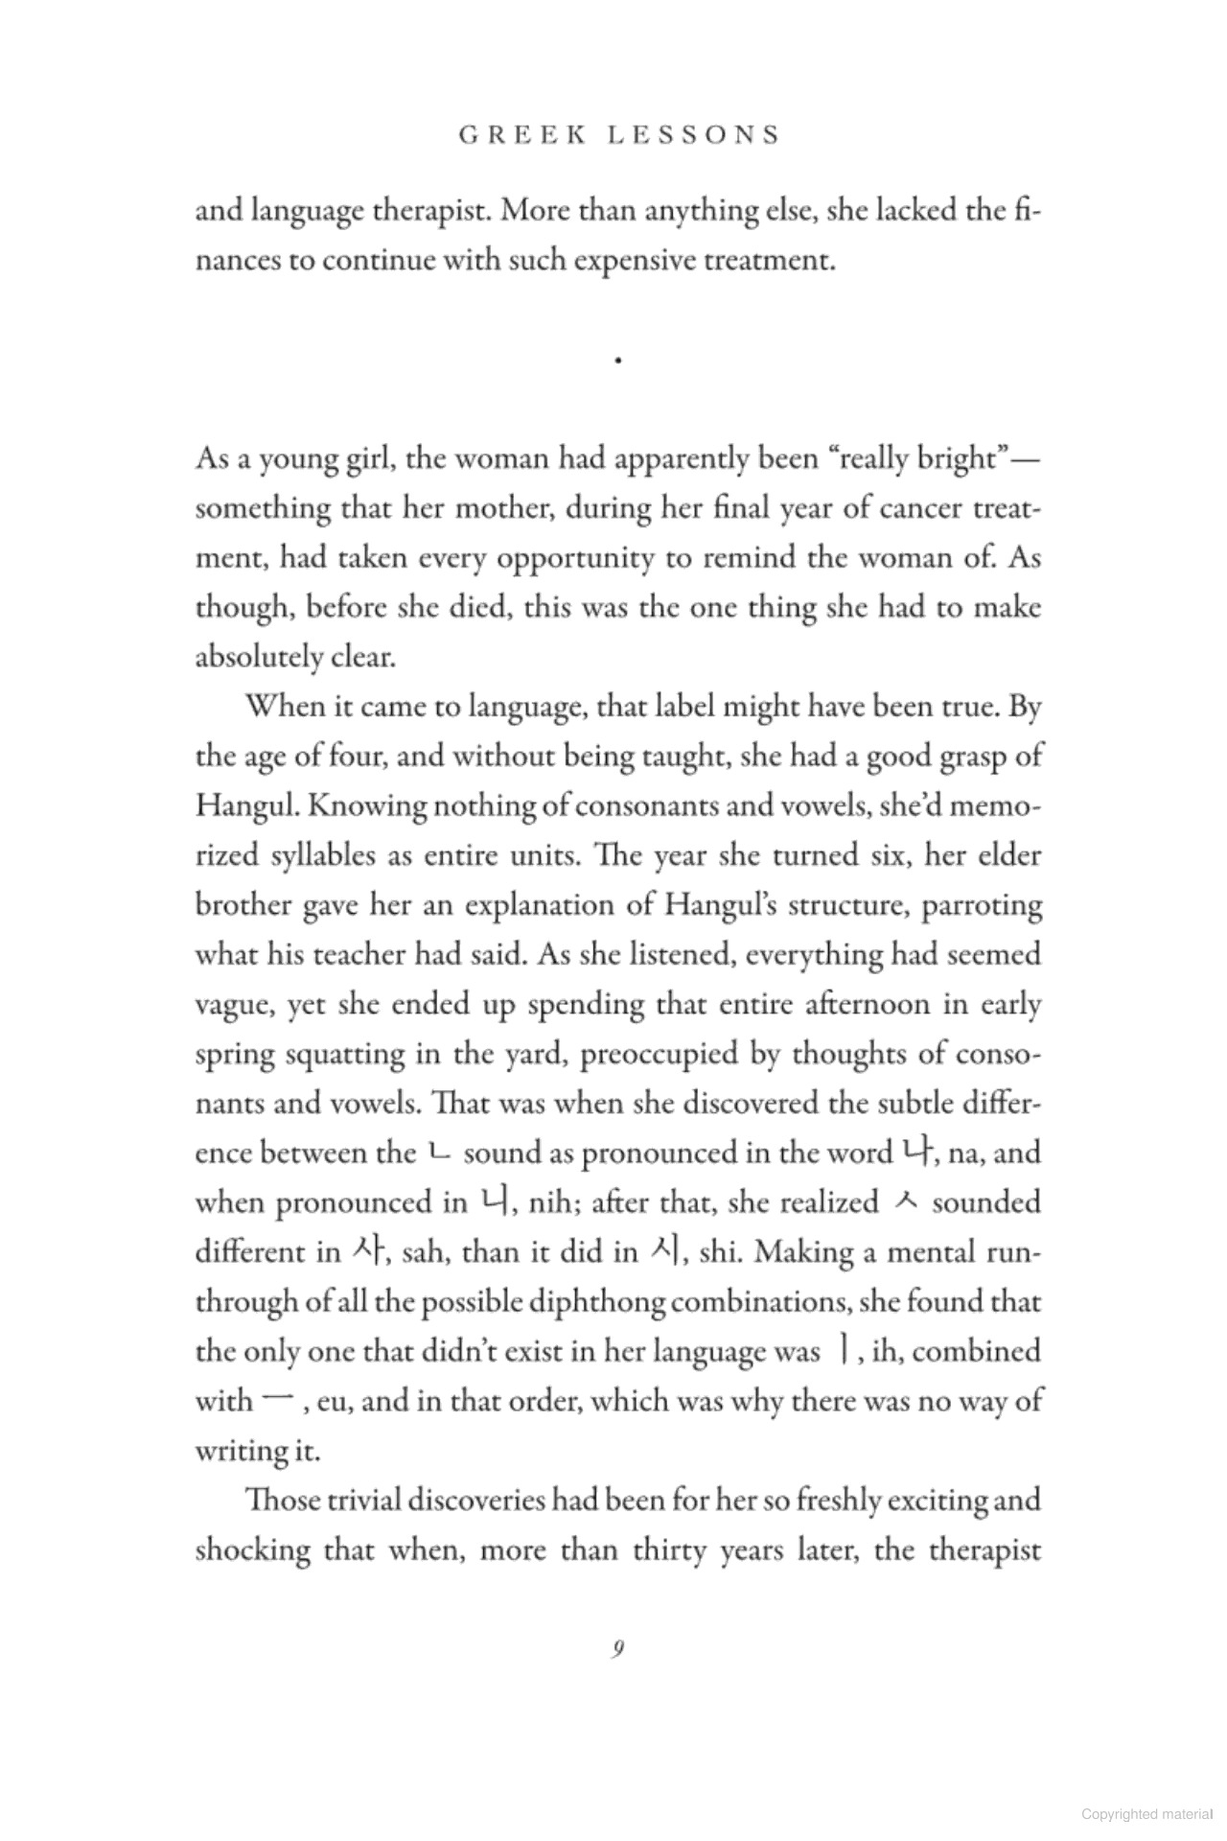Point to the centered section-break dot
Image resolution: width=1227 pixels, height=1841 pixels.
point(619,361)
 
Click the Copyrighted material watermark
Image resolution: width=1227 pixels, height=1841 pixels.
point(1146,1813)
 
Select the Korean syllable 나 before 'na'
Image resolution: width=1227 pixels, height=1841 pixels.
point(912,1151)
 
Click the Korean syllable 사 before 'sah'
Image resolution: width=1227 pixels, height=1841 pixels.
point(367,1250)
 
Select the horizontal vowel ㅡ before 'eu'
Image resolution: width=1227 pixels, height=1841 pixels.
point(274,1401)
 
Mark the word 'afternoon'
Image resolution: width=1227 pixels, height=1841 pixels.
point(880,1004)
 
